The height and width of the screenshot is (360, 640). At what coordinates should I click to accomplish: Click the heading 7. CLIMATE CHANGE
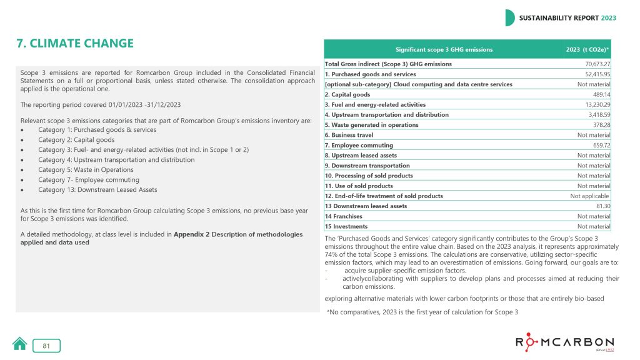[75, 43]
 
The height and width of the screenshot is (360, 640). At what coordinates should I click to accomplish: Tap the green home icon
[20, 344]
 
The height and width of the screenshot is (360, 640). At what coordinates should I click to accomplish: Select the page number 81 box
[47, 346]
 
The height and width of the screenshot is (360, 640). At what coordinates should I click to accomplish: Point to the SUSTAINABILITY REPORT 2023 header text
[567, 18]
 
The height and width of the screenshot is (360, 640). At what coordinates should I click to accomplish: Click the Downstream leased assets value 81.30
[603, 206]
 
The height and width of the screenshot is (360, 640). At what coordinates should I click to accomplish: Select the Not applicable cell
[590, 196]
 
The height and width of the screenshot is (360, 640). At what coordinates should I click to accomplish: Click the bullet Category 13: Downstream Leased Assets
[97, 189]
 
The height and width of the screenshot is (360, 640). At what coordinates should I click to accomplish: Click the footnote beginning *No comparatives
[422, 312]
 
